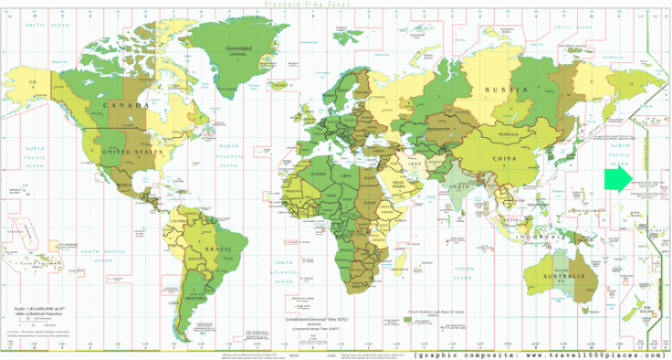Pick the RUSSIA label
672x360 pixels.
point(507,90)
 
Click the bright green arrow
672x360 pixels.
point(618,179)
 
